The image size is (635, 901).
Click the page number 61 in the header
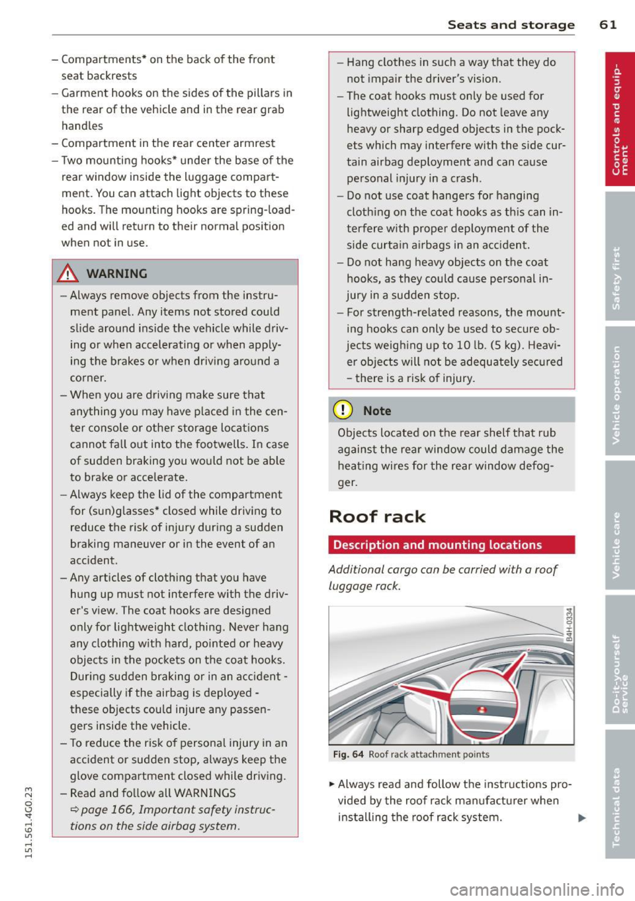(608, 24)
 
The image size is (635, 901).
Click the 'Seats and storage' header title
(511, 24)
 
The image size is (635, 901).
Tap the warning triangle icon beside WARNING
(68, 273)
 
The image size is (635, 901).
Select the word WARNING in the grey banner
(116, 273)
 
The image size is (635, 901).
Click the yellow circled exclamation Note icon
(344, 410)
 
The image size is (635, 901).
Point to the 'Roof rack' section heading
(377, 516)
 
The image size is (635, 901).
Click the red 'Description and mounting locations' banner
(451, 545)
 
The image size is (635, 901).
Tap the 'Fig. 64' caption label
(349, 755)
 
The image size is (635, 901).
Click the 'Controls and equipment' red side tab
(620, 119)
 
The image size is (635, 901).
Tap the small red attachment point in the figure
(482, 710)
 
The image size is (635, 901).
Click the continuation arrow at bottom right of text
(581, 818)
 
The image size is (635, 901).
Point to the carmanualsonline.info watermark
(536, 889)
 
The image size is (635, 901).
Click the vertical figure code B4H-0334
(569, 626)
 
